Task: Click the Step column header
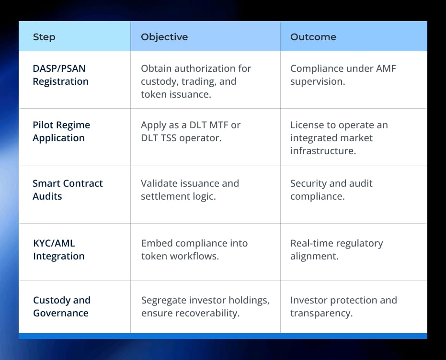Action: click(x=44, y=37)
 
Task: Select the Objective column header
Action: click(x=164, y=37)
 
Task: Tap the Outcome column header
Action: click(x=313, y=37)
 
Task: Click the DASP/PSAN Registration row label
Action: click(x=61, y=75)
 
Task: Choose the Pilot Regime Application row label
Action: click(x=61, y=131)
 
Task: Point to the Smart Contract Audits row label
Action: click(x=68, y=190)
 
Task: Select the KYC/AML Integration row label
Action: click(x=58, y=249)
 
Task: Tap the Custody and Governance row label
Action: click(x=61, y=306)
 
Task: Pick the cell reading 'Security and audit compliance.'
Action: click(x=331, y=190)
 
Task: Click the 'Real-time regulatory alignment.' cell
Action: click(x=336, y=249)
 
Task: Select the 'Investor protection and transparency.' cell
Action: click(x=343, y=306)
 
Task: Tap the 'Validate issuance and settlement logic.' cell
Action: click(x=190, y=190)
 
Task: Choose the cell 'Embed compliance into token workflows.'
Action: click(x=194, y=249)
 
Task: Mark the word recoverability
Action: click(x=209, y=313)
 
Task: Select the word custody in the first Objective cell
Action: click(x=158, y=81)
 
